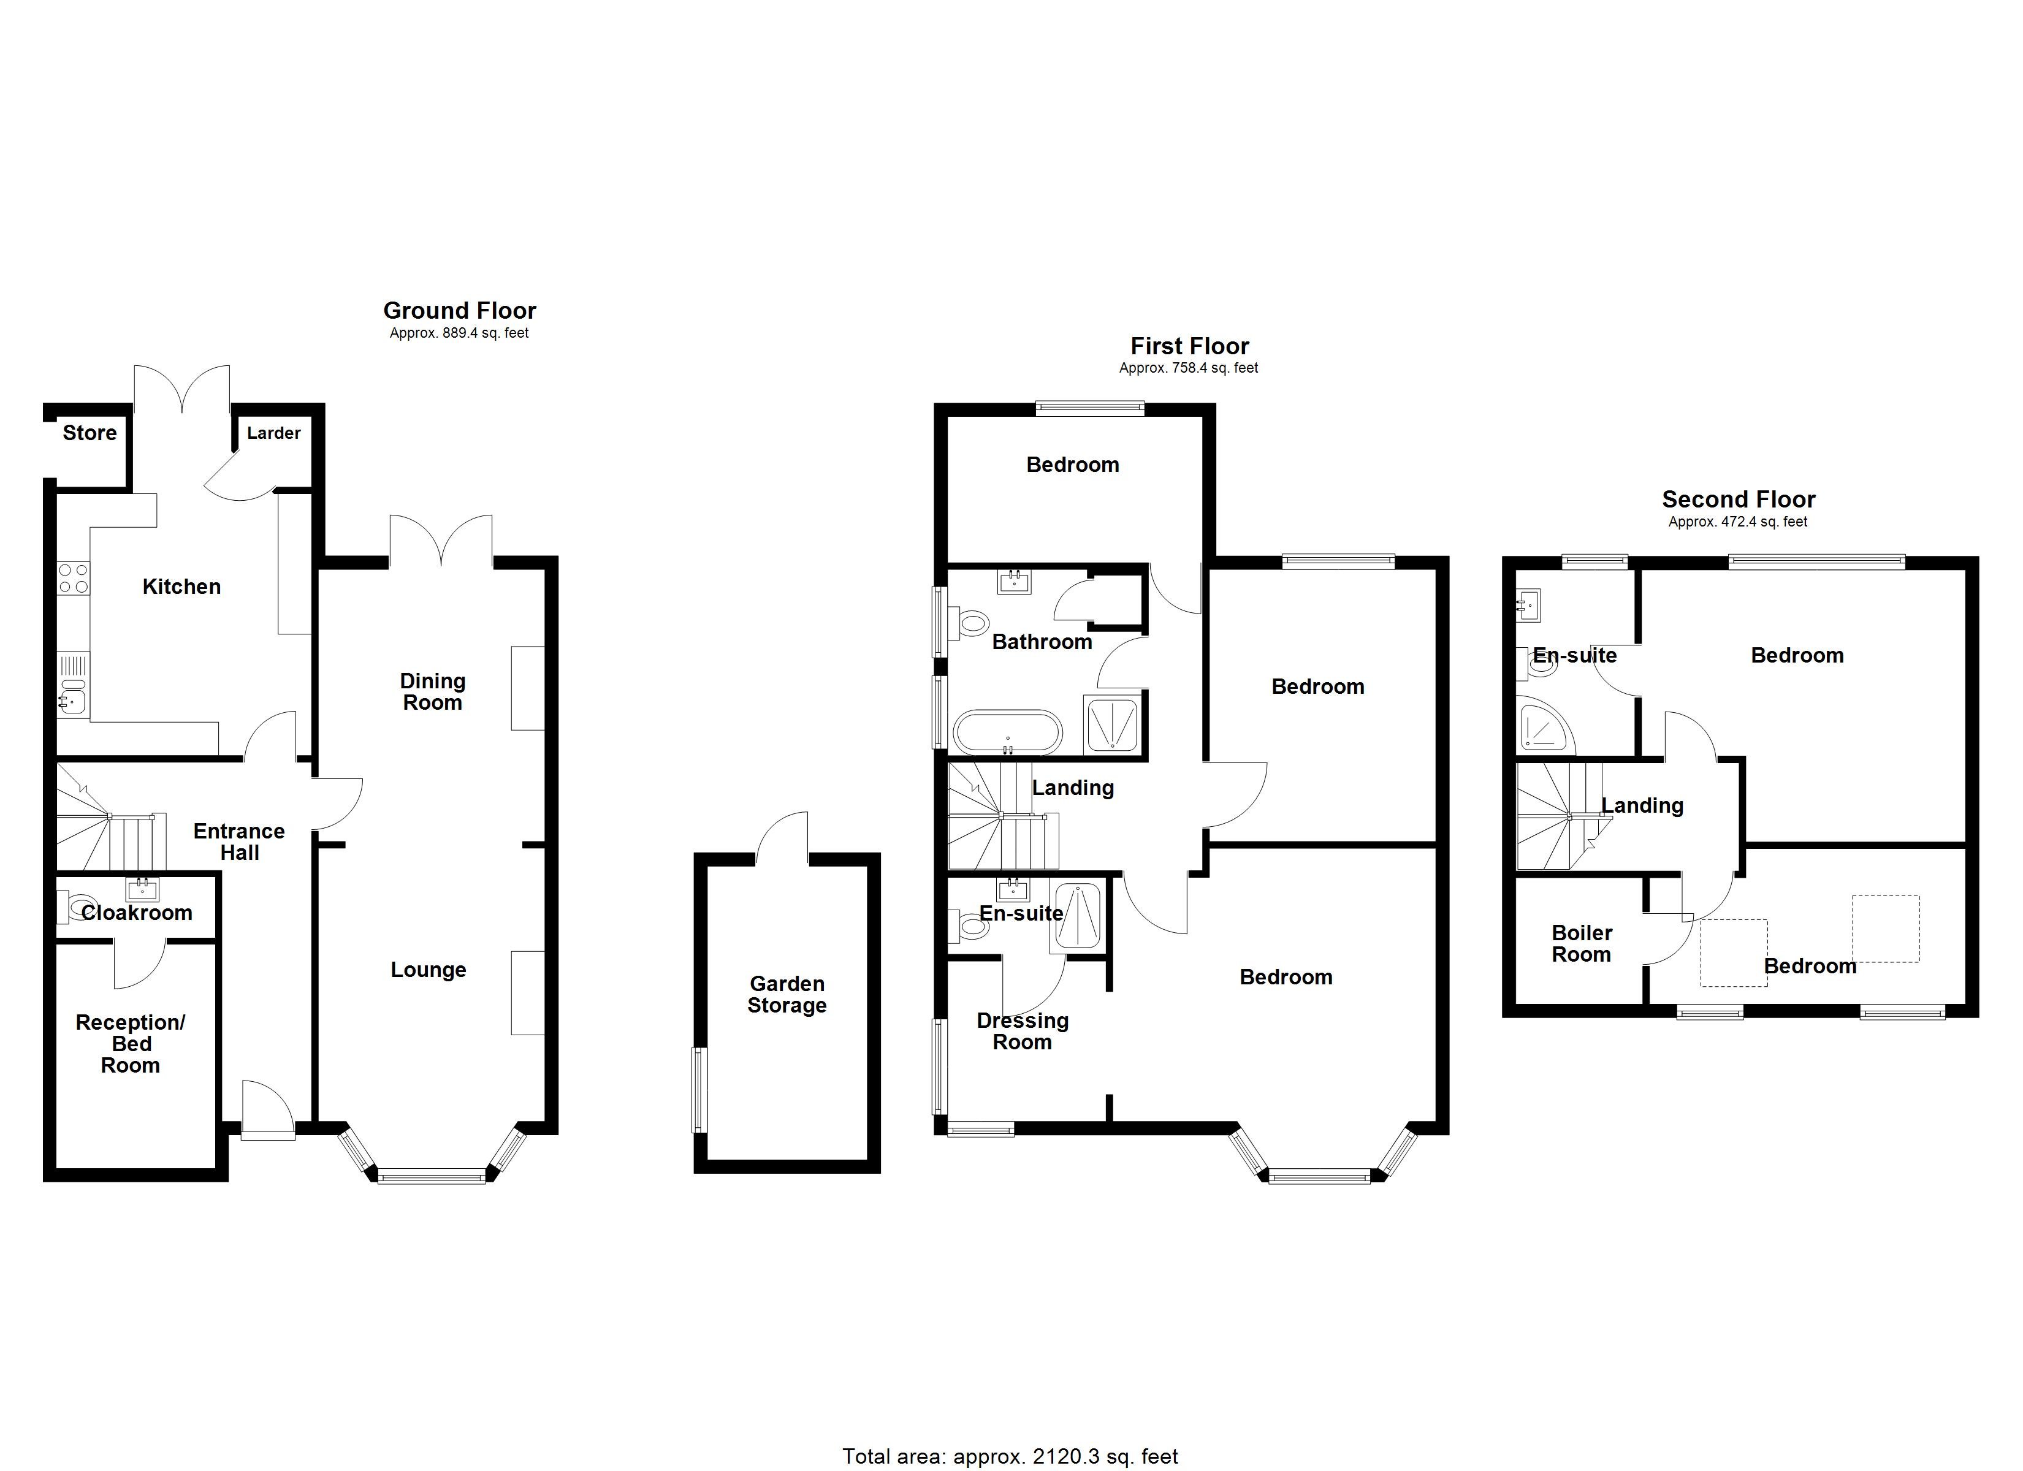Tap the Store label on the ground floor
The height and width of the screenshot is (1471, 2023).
[90, 433]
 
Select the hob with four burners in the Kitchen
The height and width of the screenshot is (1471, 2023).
[73, 578]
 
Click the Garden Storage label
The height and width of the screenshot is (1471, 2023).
[787, 995]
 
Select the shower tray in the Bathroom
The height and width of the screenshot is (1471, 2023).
[1111, 724]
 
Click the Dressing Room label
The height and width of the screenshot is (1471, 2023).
[1022, 1031]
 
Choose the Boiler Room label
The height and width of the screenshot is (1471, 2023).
[1582, 944]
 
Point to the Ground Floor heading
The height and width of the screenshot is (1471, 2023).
[459, 310]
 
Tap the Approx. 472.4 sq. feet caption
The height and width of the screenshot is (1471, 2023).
[1737, 522]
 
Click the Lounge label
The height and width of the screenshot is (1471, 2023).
[428, 970]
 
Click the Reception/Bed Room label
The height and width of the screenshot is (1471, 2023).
[130, 1044]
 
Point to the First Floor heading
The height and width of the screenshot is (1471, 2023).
[1189, 346]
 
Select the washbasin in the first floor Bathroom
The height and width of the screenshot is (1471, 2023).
[1014, 584]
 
